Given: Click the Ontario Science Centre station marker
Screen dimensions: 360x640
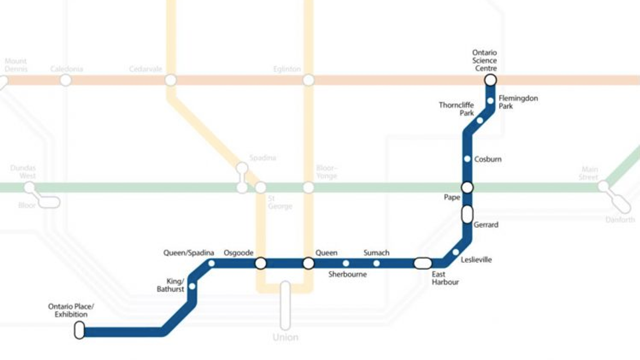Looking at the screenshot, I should tap(490, 80).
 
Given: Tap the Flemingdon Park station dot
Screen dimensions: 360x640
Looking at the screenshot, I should tap(490, 101).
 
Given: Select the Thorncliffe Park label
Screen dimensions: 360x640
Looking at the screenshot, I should tap(456, 109).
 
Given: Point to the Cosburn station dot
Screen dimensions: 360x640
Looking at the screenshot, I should tap(467, 159).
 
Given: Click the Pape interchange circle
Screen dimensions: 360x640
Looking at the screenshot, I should tap(467, 188).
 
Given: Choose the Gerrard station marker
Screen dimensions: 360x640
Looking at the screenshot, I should tap(467, 214).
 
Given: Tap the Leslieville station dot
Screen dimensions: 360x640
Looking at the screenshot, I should tap(455, 252).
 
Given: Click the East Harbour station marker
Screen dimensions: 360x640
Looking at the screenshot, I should tap(423, 263).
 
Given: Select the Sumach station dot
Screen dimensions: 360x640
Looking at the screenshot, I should tap(376, 263).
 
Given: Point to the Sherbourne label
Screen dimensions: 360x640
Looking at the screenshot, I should tap(348, 275).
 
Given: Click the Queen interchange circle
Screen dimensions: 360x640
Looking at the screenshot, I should tap(308, 263).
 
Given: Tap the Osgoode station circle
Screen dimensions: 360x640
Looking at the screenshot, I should tap(261, 263).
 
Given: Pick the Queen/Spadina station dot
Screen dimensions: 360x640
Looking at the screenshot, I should tap(211, 263).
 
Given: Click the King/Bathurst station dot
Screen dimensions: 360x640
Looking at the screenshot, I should tap(192, 286).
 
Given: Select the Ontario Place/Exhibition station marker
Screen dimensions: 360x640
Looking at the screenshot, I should tap(79, 330).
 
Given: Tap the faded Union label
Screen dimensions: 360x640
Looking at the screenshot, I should tap(285, 337).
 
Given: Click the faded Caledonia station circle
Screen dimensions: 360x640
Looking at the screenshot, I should tap(65, 80).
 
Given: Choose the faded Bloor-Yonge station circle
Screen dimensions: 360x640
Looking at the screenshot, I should tap(308, 188).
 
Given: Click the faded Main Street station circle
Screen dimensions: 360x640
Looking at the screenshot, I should tap(603, 186).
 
